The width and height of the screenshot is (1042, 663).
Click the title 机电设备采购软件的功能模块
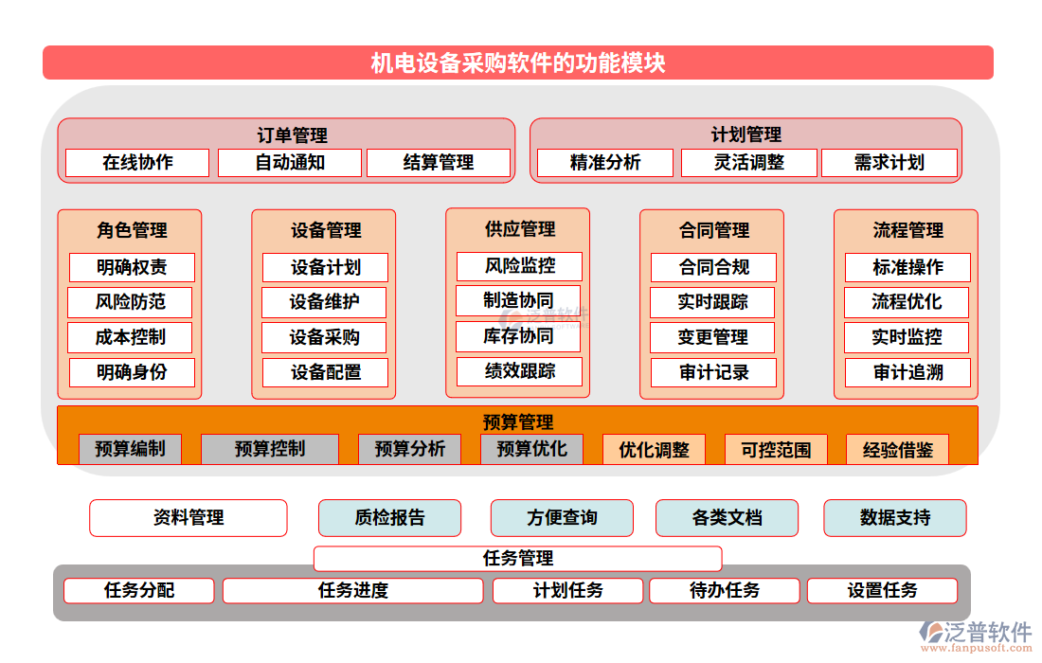tap(518, 63)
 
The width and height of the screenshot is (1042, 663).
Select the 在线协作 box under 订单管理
tap(137, 163)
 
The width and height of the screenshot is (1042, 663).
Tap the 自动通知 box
tap(290, 163)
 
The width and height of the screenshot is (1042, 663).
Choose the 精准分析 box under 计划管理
tap(605, 163)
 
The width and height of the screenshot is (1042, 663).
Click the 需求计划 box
tap(889, 163)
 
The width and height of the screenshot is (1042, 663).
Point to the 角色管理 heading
tap(132, 230)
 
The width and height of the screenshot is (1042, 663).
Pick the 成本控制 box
tap(131, 337)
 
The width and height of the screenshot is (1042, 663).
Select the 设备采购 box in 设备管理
tap(325, 337)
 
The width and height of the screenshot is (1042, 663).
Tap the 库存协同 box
tap(518, 336)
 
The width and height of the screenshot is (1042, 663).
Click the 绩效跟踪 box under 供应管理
tap(519, 371)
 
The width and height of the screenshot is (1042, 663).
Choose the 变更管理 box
tap(713, 337)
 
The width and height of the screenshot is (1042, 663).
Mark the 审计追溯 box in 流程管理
tap(907, 372)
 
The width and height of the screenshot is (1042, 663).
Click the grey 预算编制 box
tap(130, 449)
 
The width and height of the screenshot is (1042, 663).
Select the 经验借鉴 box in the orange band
tap(897, 450)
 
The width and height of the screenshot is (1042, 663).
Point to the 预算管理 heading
tap(518, 422)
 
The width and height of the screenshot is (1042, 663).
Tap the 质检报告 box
tap(389, 518)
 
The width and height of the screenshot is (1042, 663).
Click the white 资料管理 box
tap(189, 518)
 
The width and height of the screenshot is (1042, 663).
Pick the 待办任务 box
tap(725, 591)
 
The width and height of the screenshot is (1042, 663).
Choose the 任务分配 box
tap(139, 591)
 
